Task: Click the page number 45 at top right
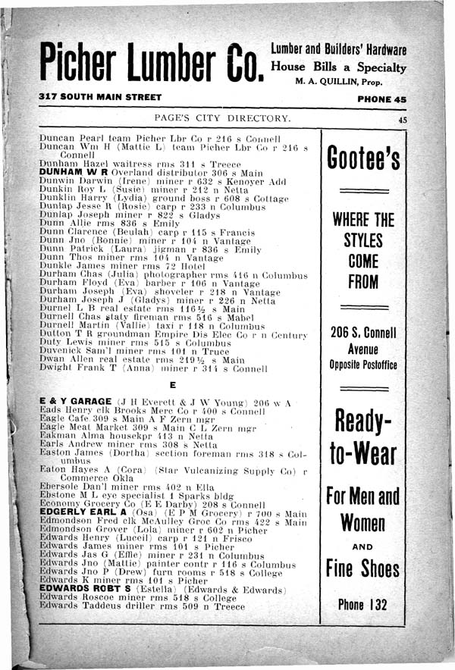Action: point(401,119)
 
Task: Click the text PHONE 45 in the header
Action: point(382,99)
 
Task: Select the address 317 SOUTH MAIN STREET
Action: point(101,98)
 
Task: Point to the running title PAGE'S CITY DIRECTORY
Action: point(221,118)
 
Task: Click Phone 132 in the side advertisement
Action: point(363,605)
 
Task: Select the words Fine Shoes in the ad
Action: point(363,568)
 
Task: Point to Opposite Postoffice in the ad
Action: point(363,365)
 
